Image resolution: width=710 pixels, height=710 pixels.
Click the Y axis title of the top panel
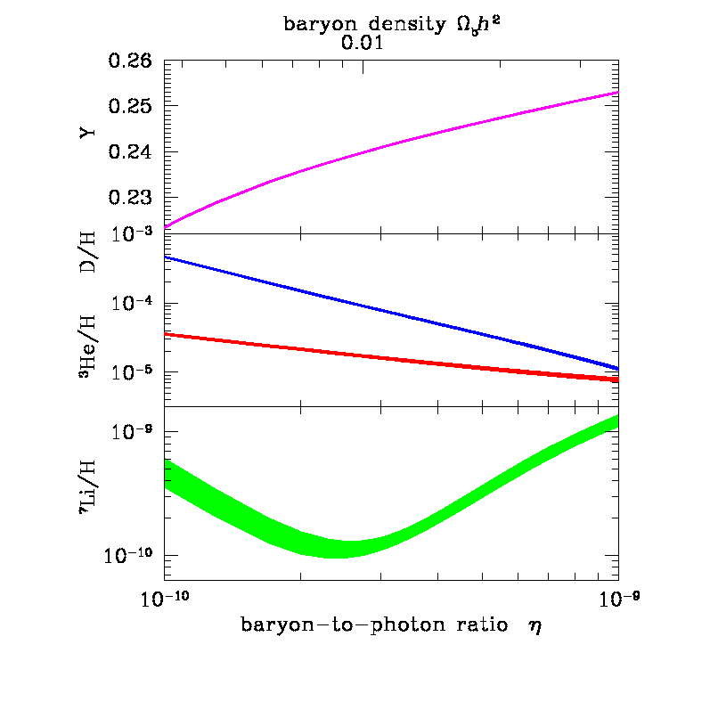pyautogui.click(x=86, y=135)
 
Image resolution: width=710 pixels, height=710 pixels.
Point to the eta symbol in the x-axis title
pyautogui.click(x=535, y=626)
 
